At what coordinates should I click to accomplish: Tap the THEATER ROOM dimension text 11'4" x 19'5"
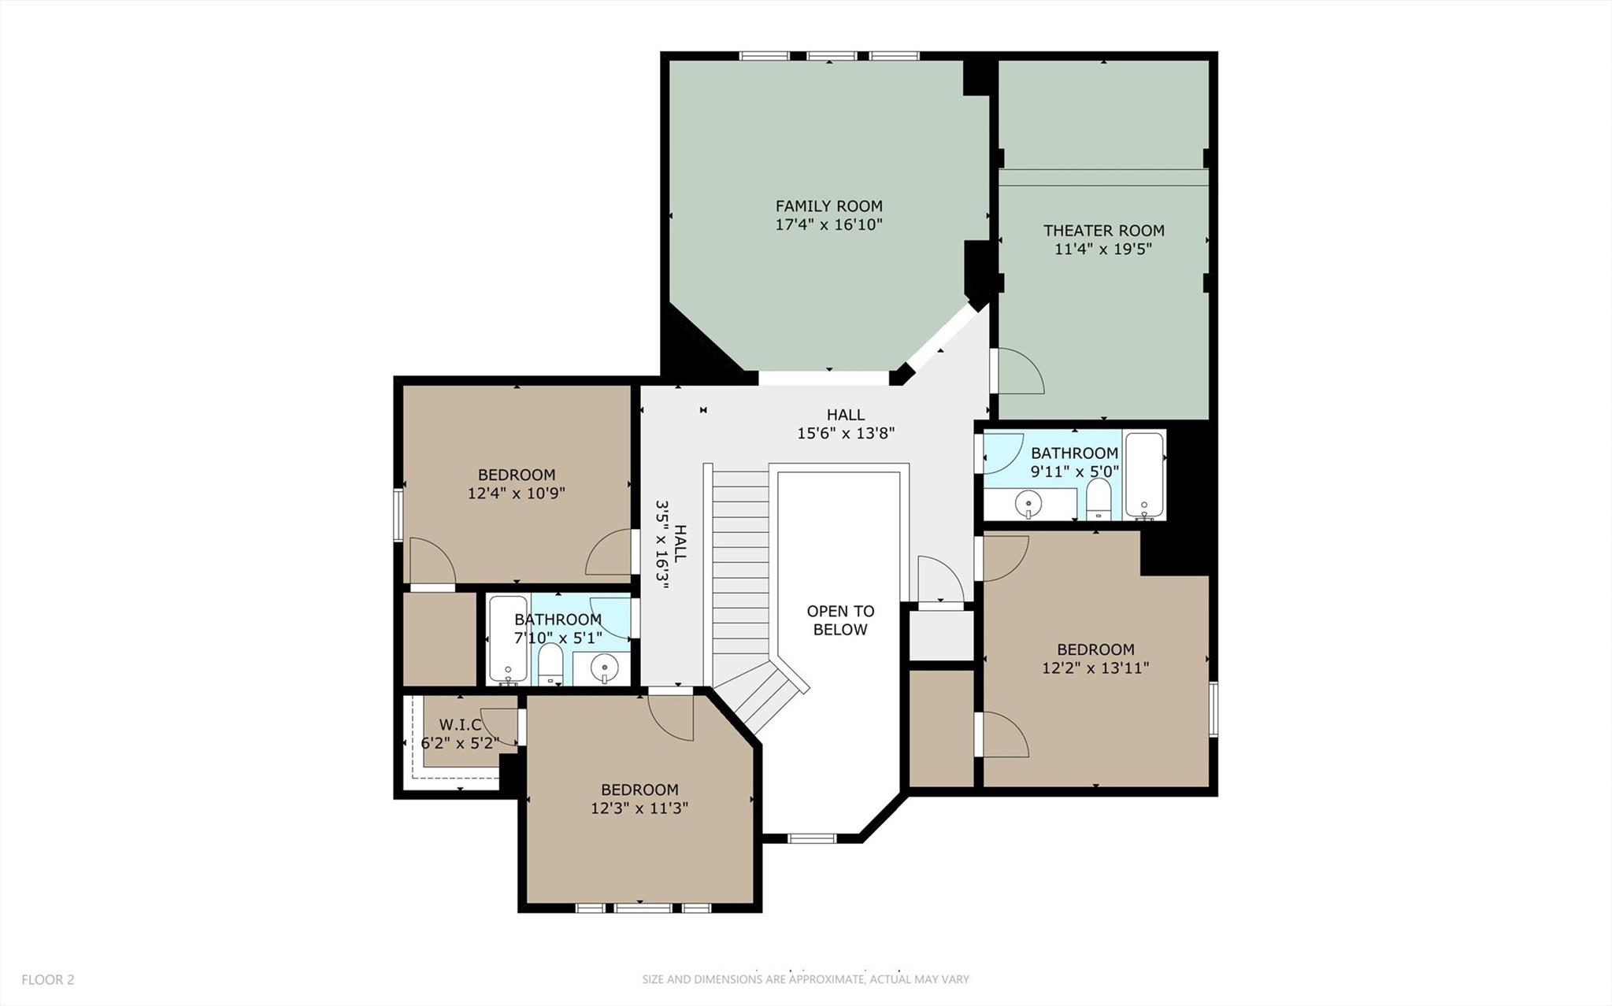tap(1103, 250)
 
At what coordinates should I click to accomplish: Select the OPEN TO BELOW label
tap(839, 620)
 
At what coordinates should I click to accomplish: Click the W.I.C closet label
tap(460, 724)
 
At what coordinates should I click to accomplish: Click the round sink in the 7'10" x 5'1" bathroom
tap(604, 667)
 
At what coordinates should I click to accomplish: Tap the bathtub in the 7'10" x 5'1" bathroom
tap(508, 638)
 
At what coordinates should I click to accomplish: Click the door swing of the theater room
tap(1019, 372)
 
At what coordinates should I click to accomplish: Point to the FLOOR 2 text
tap(47, 980)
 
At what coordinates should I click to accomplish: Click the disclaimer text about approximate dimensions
tap(805, 980)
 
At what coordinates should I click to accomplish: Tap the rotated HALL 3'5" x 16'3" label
tap(670, 545)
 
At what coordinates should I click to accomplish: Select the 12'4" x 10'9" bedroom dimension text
tap(516, 494)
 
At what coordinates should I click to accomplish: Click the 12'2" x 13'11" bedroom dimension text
tap(1095, 668)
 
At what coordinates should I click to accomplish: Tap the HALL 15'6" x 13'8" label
tap(845, 423)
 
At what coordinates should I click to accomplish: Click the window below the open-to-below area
tap(812, 838)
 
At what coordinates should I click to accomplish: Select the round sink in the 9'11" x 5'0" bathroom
tap(1028, 501)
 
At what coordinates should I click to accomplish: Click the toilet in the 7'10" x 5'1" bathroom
tap(550, 666)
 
